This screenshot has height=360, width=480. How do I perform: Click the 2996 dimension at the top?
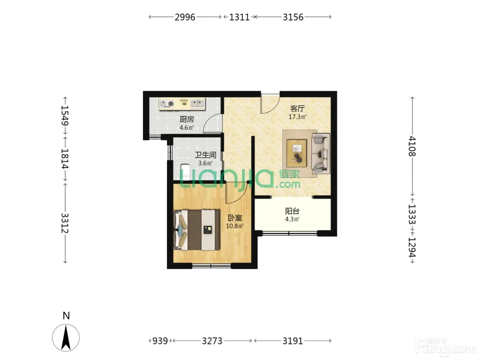(185, 17)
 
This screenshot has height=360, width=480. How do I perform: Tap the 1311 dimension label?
(239, 17)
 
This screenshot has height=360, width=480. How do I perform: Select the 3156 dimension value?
(293, 17)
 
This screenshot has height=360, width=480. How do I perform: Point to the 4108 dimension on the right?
(412, 146)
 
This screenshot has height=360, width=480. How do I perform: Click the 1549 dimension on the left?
(65, 116)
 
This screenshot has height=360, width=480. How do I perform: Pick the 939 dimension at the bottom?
(160, 341)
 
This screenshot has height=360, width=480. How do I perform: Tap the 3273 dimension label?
(212, 341)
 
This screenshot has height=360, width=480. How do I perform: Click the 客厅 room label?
(297, 109)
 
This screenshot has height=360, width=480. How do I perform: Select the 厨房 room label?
(187, 119)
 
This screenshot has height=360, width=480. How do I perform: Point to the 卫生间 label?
(206, 155)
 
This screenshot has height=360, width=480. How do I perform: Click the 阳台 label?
(292, 211)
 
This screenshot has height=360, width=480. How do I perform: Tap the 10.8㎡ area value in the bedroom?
(235, 226)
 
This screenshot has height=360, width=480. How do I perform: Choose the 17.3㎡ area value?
(297, 117)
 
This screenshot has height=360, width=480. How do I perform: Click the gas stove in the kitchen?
(167, 104)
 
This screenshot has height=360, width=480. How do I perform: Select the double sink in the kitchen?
(198, 104)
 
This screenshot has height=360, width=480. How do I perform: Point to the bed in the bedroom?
(196, 230)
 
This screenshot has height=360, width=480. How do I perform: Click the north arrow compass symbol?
(66, 338)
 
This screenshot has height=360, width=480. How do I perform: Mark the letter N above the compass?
(66, 316)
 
